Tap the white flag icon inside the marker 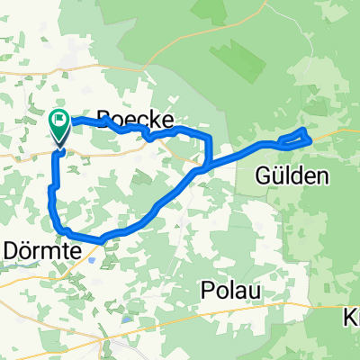tap(60, 118)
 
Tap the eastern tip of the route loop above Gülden tap(309, 134)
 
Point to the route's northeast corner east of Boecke tap(208, 136)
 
